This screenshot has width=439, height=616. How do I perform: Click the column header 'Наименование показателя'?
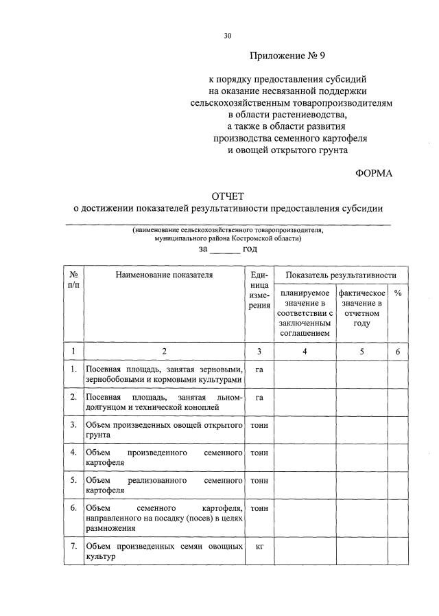(164, 275)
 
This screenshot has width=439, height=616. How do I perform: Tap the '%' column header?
(397, 293)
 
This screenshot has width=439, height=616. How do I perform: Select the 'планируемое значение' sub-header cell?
(305, 312)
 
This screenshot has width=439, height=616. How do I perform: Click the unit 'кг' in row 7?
(259, 547)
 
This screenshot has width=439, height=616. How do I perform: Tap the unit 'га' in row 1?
(259, 369)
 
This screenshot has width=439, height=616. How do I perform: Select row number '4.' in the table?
(73, 453)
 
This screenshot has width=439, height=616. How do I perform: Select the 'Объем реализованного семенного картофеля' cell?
(164, 486)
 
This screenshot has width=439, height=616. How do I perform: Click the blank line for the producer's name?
(228, 224)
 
